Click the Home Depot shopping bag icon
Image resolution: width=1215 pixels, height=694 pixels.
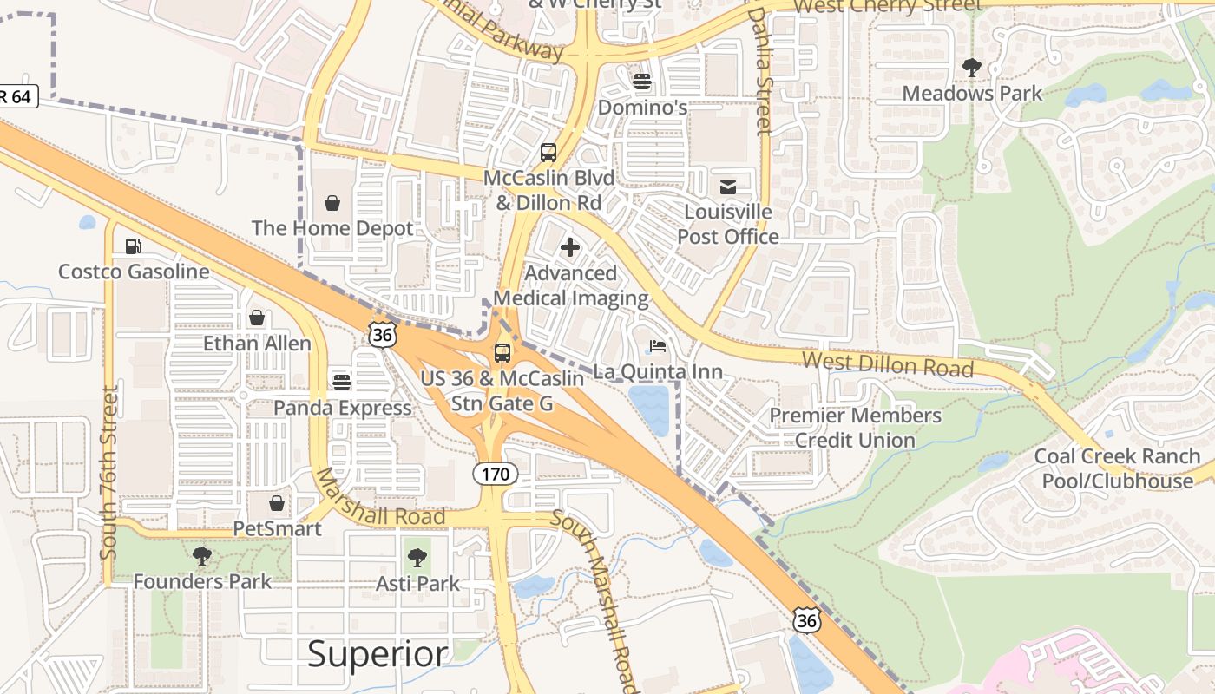(332, 204)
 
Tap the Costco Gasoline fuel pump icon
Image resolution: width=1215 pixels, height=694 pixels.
(133, 246)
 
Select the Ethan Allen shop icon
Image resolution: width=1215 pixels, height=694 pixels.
(257, 318)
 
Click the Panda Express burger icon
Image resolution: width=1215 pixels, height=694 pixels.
(342, 383)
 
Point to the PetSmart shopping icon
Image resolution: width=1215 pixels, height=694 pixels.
(276, 503)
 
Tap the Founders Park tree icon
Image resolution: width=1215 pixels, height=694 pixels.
(202, 556)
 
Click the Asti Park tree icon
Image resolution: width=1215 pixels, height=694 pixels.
(417, 558)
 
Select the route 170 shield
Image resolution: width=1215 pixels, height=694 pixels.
(496, 474)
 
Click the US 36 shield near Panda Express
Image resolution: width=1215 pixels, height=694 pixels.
(382, 334)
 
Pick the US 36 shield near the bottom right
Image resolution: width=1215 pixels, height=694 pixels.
(807, 619)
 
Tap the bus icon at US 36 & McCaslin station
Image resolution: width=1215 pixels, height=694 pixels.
(502, 353)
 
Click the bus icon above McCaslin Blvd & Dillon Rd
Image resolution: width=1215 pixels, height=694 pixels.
(548, 154)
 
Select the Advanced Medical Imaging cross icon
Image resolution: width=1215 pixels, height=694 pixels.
(570, 248)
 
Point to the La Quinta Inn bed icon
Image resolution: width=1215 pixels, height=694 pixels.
(658, 347)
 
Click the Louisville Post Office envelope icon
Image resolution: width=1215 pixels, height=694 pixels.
(727, 187)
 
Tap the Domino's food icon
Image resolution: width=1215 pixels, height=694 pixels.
(642, 82)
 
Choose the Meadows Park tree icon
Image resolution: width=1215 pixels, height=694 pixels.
(972, 67)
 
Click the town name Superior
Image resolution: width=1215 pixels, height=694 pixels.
(378, 654)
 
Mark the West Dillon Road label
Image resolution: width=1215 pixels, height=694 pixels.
(887, 363)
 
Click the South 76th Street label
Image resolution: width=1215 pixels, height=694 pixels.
(108, 473)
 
